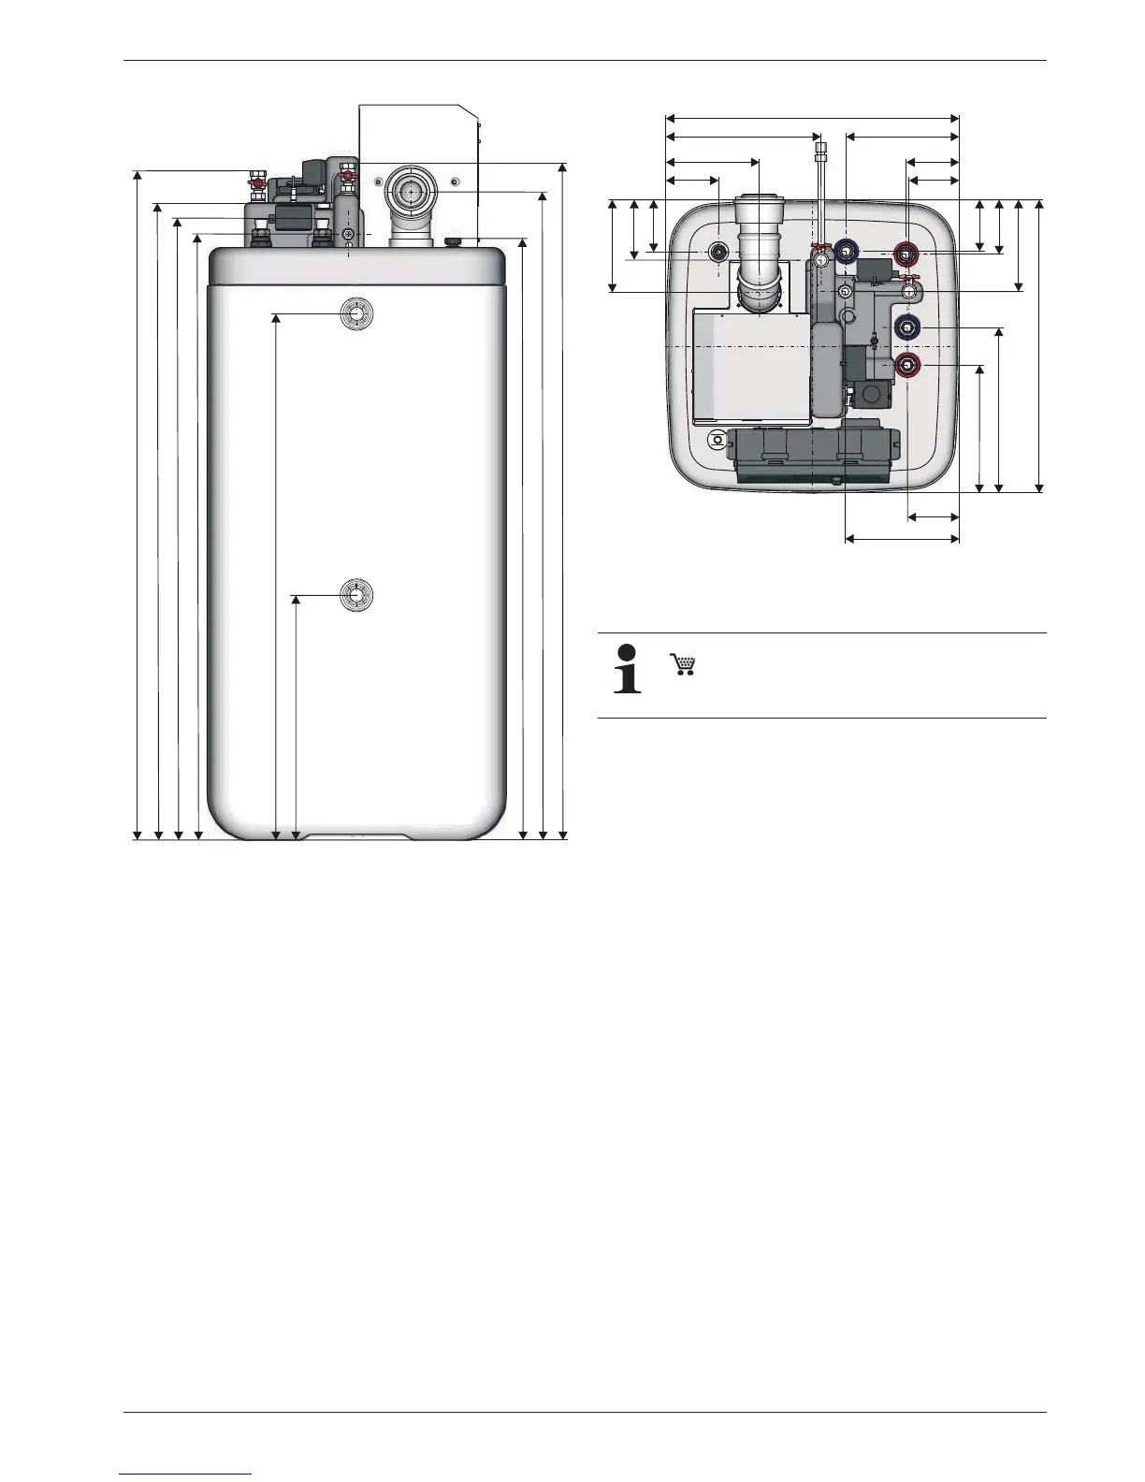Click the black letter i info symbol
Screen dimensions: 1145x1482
pos(627,668)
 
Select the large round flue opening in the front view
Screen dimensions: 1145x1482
pos(409,191)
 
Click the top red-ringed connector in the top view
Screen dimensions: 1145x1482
pos(906,253)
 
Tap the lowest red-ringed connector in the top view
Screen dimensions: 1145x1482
pos(906,364)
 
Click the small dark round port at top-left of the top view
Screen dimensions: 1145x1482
pos(719,253)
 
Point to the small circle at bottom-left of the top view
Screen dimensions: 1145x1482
pos(717,439)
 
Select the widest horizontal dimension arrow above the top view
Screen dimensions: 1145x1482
pos(812,118)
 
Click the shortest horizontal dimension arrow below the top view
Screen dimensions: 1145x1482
pos(934,516)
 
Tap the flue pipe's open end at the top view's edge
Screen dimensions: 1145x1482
pos(759,198)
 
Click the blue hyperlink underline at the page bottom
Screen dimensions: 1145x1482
pos(186,1474)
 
